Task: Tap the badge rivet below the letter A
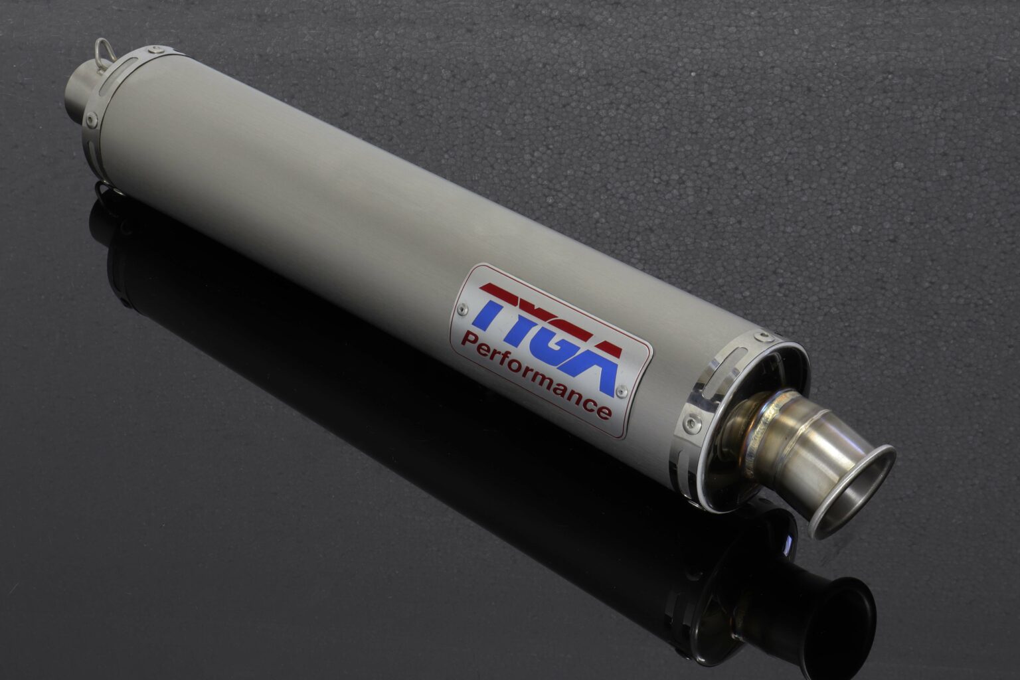[621, 392]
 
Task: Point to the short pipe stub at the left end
[80, 93]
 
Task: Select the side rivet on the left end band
[91, 120]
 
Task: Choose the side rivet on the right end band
[694, 420]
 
